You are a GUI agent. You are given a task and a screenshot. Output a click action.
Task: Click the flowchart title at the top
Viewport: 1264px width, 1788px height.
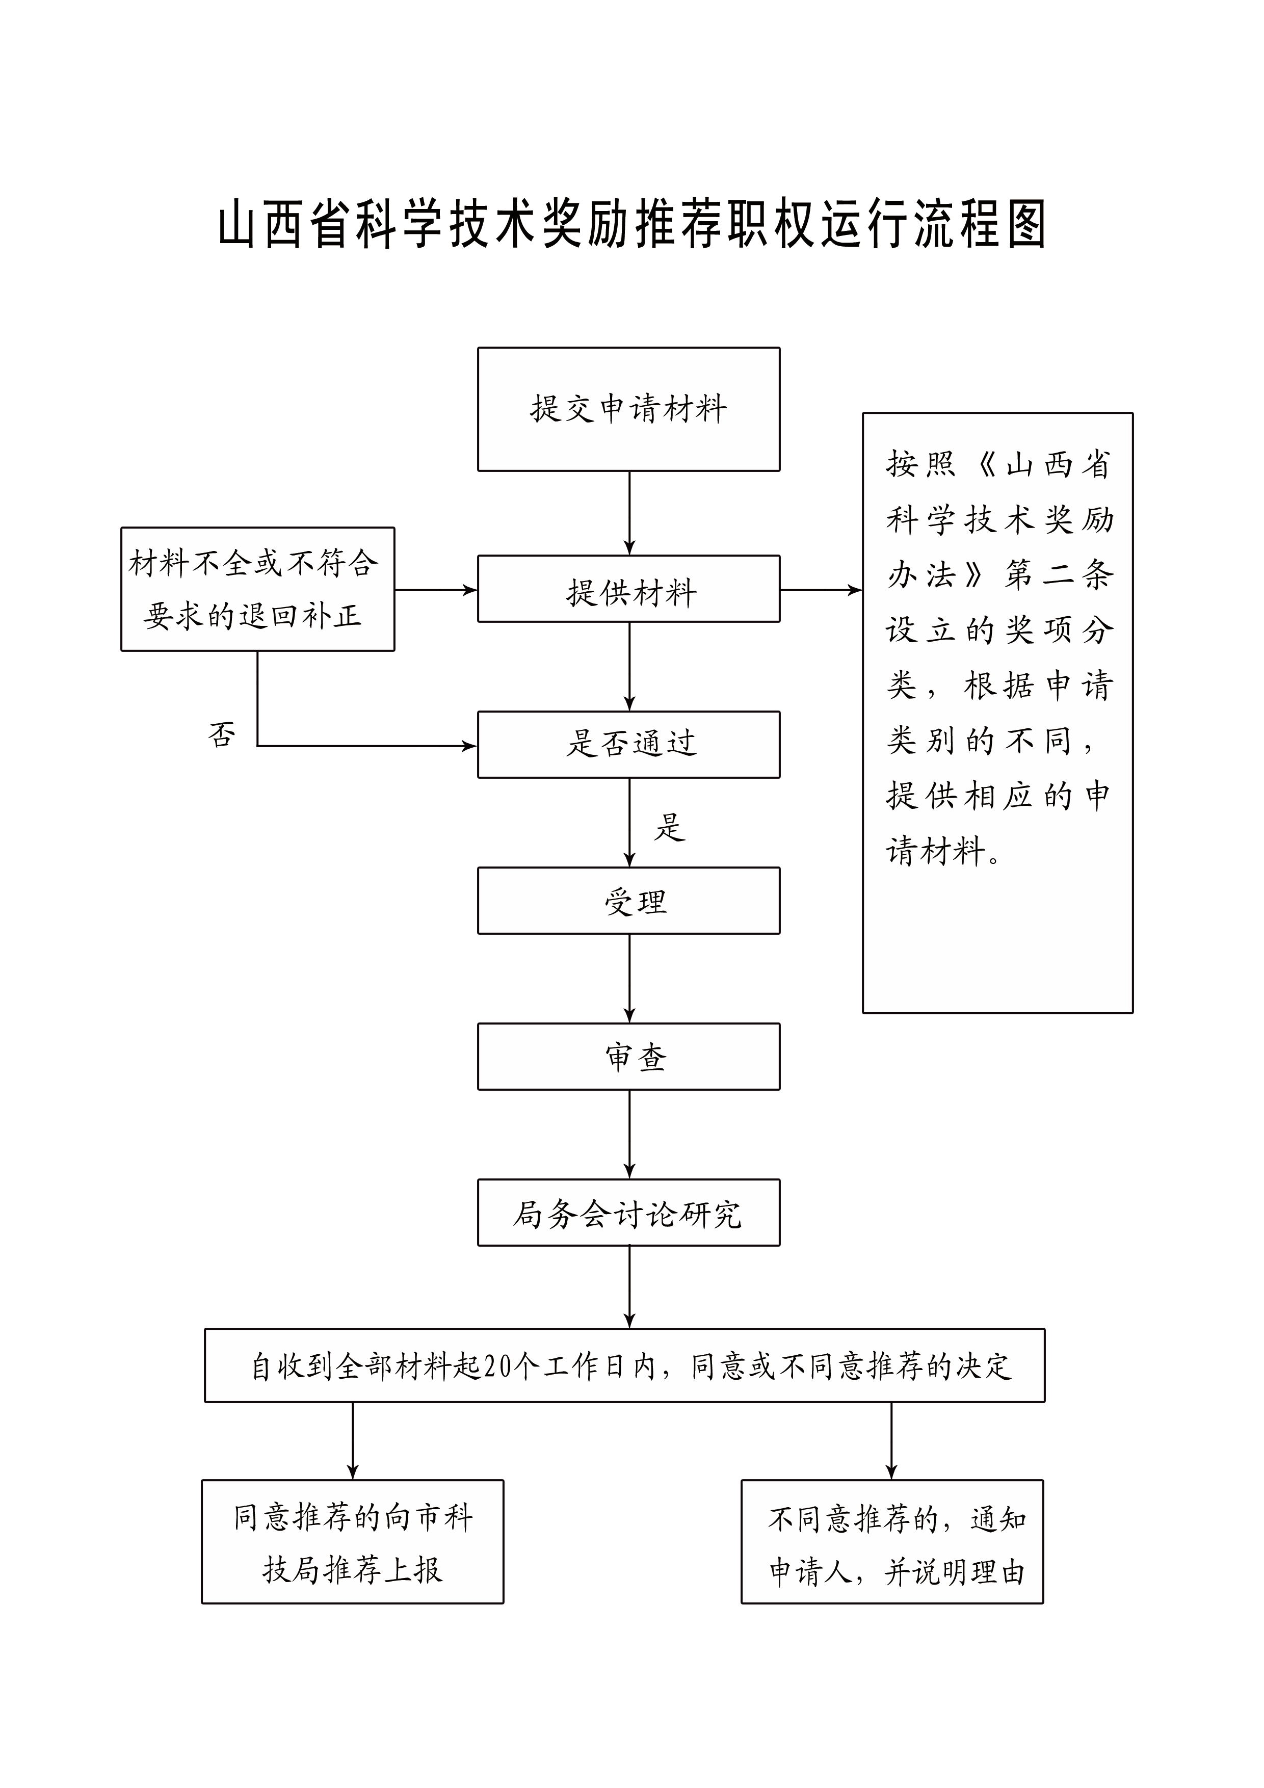631,224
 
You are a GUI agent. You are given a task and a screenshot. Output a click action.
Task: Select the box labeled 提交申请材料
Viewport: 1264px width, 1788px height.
628,409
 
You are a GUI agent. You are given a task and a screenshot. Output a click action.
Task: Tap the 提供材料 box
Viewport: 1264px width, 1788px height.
628,590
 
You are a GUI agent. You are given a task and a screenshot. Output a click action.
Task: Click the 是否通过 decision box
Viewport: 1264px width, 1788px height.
628,745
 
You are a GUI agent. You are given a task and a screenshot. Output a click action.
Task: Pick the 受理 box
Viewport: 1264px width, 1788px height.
628,901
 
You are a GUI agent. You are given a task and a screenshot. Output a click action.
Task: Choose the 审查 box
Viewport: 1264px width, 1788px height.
628,1057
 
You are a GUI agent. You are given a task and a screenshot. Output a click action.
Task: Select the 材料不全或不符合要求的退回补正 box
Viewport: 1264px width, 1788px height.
258,590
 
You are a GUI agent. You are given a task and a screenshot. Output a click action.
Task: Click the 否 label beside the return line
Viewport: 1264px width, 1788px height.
222,734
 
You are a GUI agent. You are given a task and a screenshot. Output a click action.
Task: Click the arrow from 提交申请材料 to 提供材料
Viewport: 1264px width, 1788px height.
629,513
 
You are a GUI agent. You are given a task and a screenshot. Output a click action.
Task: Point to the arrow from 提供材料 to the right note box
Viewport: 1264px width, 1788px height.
821,590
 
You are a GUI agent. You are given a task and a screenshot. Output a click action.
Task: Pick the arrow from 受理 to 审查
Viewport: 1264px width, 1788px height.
629,978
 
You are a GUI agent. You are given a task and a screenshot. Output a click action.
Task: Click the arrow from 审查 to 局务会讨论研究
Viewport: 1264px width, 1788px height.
629,1135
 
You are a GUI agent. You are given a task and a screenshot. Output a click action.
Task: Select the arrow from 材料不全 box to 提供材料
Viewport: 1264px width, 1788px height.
436,590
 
